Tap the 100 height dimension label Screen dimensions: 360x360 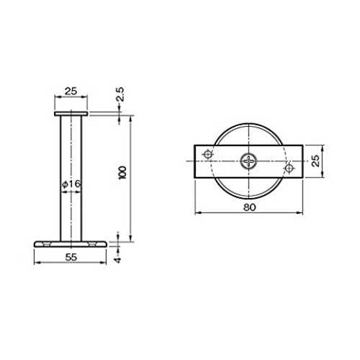pyautogui.click(x=122, y=173)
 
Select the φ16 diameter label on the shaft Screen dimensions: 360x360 pyautogui.click(x=71, y=184)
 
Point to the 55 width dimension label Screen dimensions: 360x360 pyautogui.click(x=71, y=257)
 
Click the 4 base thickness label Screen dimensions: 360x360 pyautogui.click(x=117, y=260)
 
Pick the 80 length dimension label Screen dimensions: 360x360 pyautogui.click(x=250, y=207)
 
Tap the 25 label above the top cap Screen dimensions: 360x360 pyautogui.click(x=71, y=91)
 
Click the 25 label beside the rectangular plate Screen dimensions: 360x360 pyautogui.click(x=316, y=161)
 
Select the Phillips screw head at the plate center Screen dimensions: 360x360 pyautogui.click(x=248, y=161)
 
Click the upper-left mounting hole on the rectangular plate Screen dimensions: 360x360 pyautogui.click(x=207, y=154)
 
